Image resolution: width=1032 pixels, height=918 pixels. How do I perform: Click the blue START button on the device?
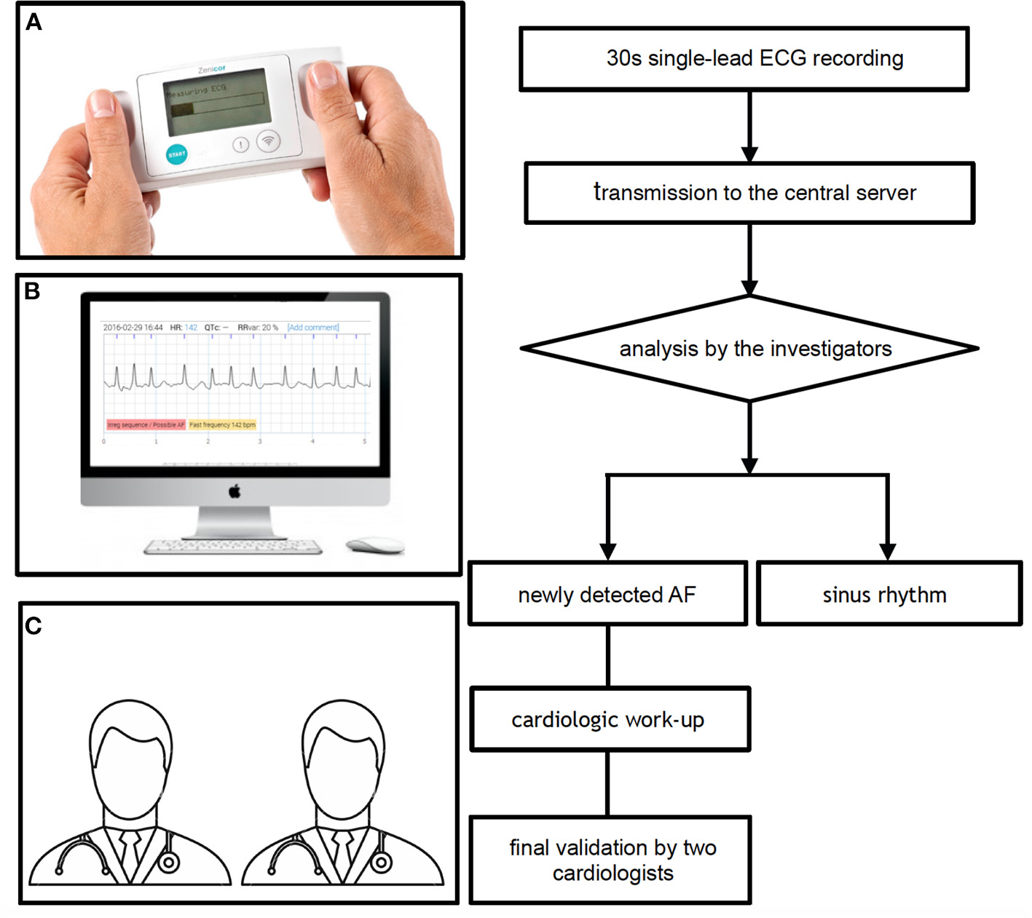177,154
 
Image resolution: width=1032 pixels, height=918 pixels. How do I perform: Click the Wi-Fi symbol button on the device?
269,141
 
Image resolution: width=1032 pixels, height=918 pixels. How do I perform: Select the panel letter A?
34,23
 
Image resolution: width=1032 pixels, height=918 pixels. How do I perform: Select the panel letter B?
32,291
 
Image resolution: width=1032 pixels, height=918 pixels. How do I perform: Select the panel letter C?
34,625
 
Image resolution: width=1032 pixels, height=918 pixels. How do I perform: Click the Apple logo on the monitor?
235,492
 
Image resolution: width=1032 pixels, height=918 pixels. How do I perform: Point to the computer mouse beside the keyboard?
374,545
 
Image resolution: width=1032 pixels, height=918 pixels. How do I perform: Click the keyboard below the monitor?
233,547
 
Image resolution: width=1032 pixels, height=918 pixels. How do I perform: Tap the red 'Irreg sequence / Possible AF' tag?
146,424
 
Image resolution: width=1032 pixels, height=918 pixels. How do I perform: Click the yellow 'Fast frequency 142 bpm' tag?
222,424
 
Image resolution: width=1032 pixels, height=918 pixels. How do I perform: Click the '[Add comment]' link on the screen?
313,328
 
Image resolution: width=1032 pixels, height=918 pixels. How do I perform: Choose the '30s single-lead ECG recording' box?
744,59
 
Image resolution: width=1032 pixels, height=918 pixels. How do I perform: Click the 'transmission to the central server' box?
749,193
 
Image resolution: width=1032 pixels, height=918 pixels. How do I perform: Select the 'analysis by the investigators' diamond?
749,349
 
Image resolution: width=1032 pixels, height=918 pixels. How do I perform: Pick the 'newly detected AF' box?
607,594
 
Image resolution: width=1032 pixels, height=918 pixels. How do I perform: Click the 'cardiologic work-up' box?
610,719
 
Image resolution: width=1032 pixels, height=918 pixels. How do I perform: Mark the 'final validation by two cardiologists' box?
610,860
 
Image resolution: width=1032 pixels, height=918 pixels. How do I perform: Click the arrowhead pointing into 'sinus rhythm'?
887,552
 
